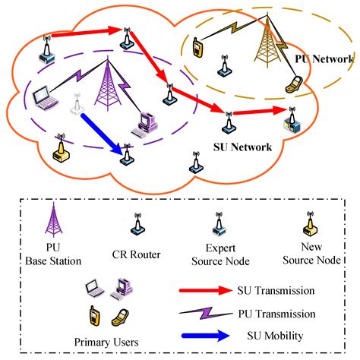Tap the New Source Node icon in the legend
pyautogui.click(x=309, y=225)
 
